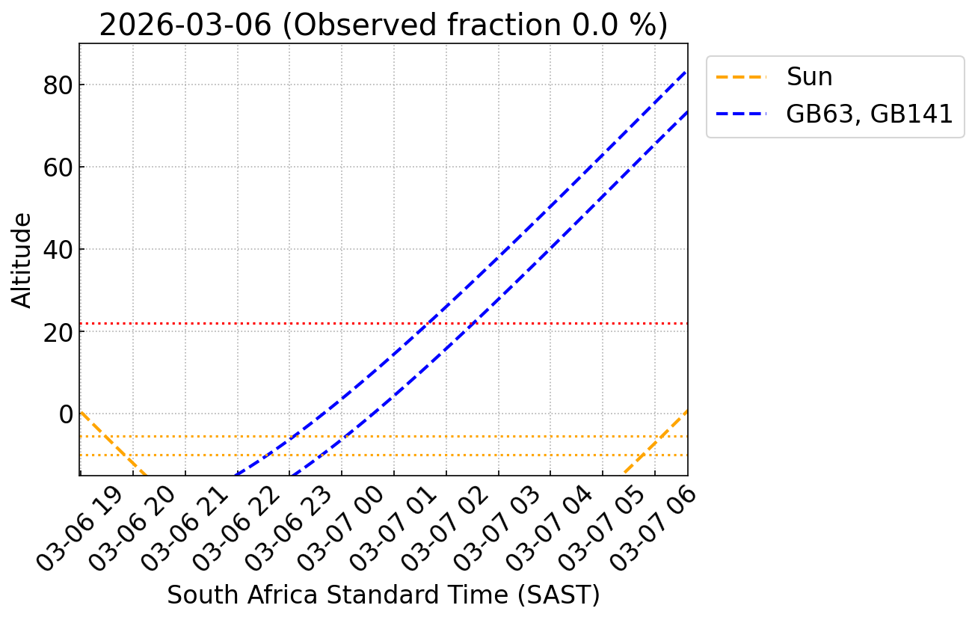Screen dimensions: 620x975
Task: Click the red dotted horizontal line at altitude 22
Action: pyautogui.click(x=224, y=323)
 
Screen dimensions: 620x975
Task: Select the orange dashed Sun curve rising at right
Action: pyautogui.click(x=658, y=441)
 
